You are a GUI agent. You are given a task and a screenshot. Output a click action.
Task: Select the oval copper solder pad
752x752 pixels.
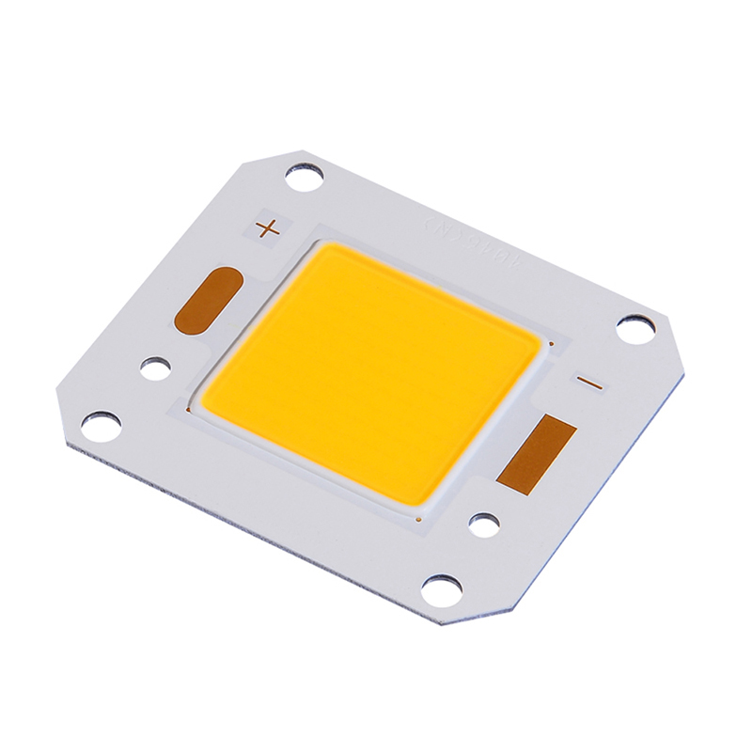209,300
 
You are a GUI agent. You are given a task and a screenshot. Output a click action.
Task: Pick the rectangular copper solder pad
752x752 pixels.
537,455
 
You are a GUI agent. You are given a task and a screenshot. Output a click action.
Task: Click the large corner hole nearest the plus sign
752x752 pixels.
305,177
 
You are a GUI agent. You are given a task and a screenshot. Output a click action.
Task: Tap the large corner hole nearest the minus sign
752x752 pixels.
635,329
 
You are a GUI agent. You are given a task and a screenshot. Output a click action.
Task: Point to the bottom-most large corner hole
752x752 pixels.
441,590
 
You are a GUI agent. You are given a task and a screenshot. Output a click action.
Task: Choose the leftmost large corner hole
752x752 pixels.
101,426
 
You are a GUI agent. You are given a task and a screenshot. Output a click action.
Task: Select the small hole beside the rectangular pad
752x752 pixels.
484,525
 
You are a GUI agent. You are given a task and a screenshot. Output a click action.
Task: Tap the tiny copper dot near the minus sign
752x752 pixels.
552,345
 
